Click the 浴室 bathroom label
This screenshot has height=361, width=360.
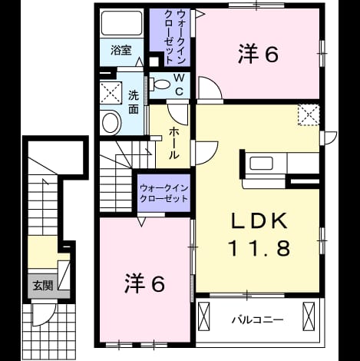[x=121, y=50]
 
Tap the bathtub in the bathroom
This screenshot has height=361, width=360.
[x=121, y=23]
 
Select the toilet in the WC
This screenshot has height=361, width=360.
[x=159, y=84]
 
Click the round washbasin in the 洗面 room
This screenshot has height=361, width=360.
[x=111, y=122]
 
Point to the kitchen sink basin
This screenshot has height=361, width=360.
[x=261, y=163]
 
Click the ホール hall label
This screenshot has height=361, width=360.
[x=173, y=144]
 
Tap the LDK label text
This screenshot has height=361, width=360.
[x=259, y=221]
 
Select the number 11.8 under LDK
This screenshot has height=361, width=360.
[x=260, y=248]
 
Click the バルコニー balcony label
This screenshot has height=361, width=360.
[x=258, y=320]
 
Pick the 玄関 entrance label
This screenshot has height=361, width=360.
[x=43, y=286]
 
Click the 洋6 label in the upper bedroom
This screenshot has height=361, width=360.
[x=258, y=55]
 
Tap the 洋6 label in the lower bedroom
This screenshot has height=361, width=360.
[x=144, y=283]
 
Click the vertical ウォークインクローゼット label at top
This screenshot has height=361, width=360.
[x=174, y=37]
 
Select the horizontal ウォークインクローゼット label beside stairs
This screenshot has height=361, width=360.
[x=163, y=194]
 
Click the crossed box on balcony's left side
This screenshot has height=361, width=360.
[x=204, y=316]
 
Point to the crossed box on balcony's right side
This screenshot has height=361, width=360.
[x=309, y=316]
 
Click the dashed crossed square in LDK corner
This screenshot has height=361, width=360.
[x=309, y=114]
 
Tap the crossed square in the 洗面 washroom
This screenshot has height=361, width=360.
[x=111, y=93]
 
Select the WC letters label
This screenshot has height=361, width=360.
[x=180, y=84]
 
